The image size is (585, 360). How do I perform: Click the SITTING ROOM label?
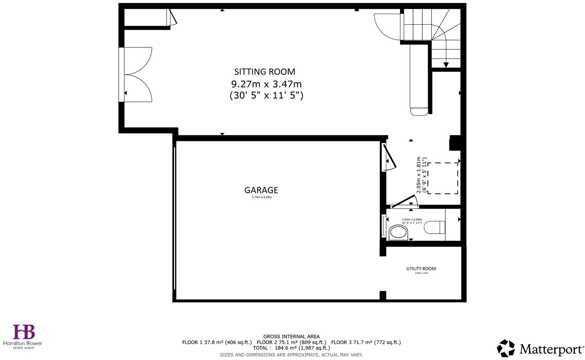(265, 72)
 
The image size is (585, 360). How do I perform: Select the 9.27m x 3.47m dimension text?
(266, 84)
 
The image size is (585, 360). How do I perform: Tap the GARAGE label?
(261, 190)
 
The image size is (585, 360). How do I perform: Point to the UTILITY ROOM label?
(421, 268)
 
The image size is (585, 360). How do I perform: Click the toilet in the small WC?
(434, 227)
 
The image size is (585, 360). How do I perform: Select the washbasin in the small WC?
(398, 232)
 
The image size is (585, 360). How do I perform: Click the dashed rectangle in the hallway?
(443, 178)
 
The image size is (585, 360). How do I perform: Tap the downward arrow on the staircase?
(446, 65)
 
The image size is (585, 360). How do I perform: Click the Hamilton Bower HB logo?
(24, 332)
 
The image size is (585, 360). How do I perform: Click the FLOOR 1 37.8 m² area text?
(217, 342)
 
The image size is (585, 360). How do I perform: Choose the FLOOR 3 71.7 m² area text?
(366, 342)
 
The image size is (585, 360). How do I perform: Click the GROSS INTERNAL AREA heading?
(291, 337)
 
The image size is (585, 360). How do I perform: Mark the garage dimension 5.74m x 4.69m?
(262, 197)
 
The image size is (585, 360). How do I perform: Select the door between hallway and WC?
(405, 202)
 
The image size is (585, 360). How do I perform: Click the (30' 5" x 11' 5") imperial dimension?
(266, 95)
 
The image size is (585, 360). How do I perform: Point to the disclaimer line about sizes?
(291, 355)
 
